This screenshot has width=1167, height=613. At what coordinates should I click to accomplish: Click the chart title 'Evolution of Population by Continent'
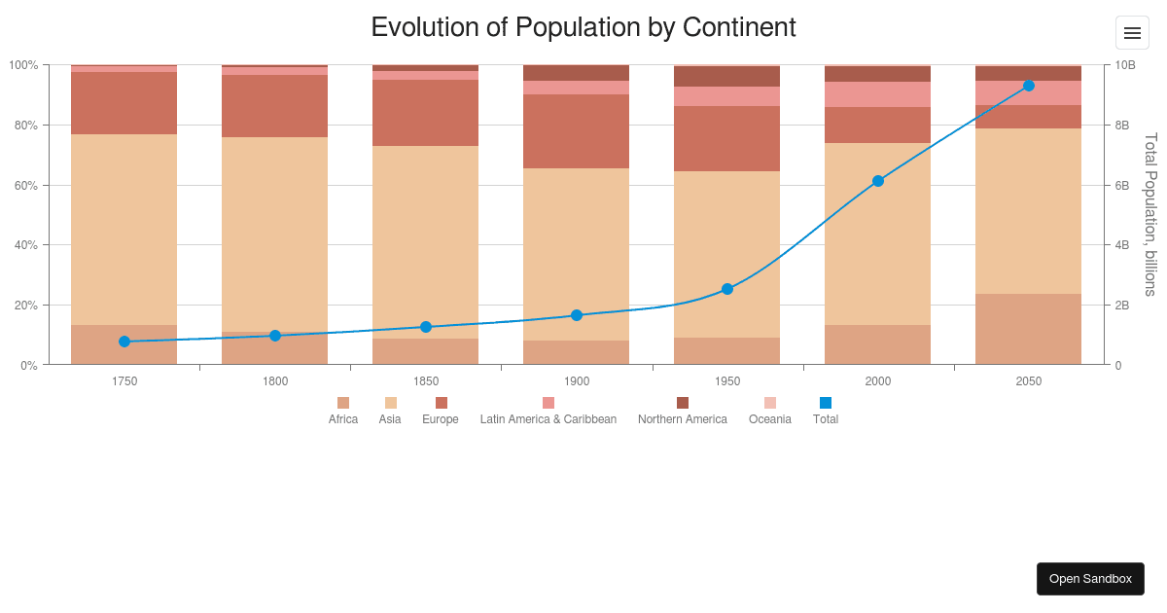coord(583,27)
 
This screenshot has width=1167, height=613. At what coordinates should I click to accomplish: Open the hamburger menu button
coord(1132,33)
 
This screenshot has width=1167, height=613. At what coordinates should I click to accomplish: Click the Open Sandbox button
coord(1090,579)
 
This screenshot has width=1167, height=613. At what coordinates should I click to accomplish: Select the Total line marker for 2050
coord(1029,86)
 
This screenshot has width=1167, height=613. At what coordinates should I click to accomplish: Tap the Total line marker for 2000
coord(878,181)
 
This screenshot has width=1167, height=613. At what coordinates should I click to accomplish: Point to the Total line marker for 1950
coord(727,289)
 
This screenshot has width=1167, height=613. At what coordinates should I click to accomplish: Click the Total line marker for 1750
coord(124,342)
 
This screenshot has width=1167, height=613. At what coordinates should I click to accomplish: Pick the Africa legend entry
coord(343,411)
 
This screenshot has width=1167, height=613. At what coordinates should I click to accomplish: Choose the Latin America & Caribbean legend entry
coord(548,411)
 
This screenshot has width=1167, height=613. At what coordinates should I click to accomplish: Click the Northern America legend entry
coord(683,411)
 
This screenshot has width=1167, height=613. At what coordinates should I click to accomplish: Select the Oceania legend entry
coord(770,411)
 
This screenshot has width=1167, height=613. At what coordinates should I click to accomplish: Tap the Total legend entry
coord(826,411)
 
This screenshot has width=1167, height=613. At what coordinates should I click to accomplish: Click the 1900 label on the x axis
coord(577,381)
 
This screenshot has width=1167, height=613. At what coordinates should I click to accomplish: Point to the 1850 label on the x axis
coord(426,381)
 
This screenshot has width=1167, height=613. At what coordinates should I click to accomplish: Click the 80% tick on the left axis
coord(23,126)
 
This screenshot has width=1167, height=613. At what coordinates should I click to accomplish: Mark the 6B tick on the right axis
coord(1122,185)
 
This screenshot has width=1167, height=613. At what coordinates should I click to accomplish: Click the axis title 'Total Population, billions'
coord(1150,214)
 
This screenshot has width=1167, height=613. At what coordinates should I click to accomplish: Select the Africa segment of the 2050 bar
coord(1029,329)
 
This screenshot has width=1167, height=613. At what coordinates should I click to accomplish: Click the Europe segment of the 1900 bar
coord(577,131)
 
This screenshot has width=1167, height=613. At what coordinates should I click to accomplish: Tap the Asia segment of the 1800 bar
coord(275,234)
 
